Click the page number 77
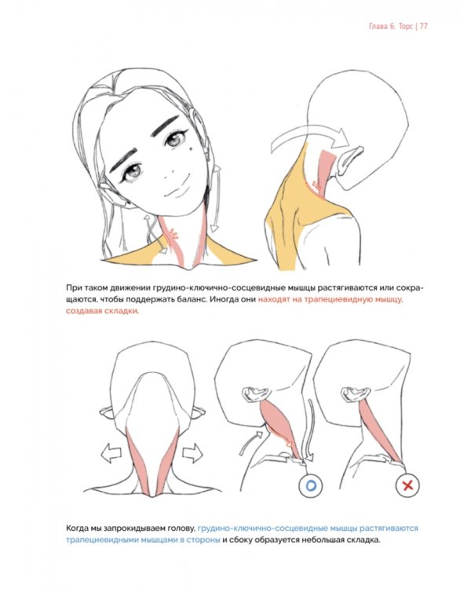coord(423,26)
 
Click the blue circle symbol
coord(310,485)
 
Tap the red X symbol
coord(407,485)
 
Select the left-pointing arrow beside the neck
coord(111,452)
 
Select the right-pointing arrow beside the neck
coord(192,452)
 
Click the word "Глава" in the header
coord(378,26)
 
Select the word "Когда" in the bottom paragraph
coord(78,529)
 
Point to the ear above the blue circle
coord(256,393)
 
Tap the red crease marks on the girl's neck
coord(173,236)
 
